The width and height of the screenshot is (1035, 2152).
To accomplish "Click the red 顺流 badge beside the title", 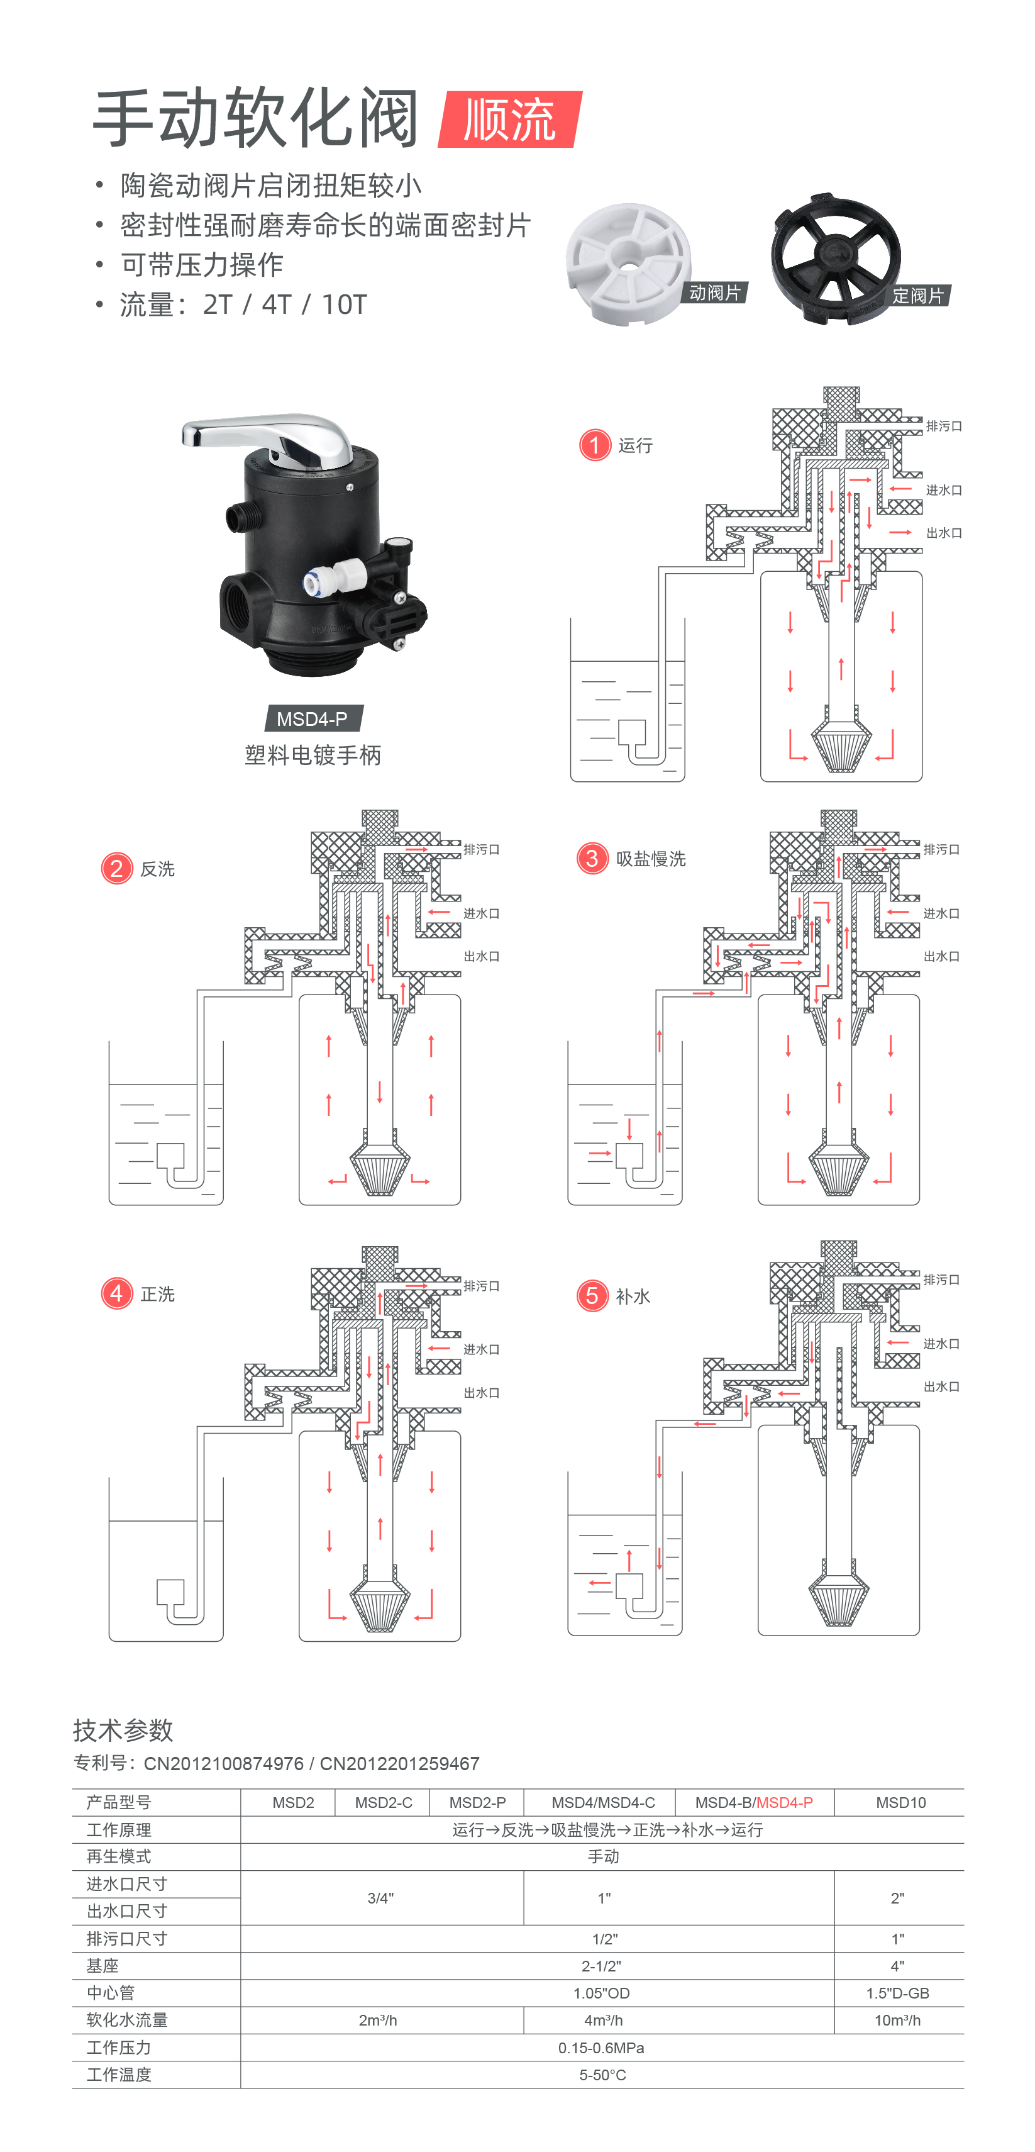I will [x=509, y=120].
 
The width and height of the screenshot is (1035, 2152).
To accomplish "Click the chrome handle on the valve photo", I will [x=275, y=435].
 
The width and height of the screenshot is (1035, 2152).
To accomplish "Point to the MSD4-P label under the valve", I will [x=312, y=718].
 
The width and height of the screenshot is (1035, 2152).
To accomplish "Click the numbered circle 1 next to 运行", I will [x=595, y=445].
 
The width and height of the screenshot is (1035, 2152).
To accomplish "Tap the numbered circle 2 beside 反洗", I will [x=117, y=869].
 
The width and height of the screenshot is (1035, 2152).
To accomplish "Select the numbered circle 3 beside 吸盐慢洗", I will [x=592, y=858].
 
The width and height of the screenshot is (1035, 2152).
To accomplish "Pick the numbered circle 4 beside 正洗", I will [x=117, y=1293].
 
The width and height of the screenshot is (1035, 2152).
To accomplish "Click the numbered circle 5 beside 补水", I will [x=592, y=1296].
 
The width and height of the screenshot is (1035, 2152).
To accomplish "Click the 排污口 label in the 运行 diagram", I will [x=944, y=426].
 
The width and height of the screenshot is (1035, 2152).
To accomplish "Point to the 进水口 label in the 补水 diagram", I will [x=941, y=1343].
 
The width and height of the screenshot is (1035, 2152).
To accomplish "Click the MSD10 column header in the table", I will [x=900, y=1803].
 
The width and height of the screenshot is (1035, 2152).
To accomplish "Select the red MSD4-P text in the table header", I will [x=784, y=1803].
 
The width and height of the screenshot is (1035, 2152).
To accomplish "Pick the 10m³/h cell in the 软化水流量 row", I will [x=897, y=2020].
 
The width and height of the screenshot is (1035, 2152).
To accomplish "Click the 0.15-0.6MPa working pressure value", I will [x=602, y=2048].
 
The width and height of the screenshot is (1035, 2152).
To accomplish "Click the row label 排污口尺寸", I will [x=127, y=1938].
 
